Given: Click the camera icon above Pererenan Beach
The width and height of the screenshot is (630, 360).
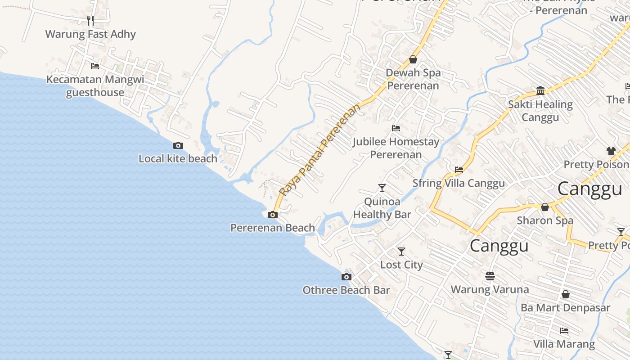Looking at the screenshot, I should (272, 215).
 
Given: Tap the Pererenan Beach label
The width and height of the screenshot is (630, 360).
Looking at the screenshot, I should (272, 228).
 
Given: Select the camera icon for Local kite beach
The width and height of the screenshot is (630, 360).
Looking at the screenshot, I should (178, 145).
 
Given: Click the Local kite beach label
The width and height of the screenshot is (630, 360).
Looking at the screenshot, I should (178, 158).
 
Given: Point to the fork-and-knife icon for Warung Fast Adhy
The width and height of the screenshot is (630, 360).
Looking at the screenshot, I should (90, 21).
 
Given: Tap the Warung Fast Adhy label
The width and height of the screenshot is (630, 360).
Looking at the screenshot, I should (90, 34).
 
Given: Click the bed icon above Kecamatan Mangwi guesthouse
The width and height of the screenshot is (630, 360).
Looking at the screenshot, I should (95, 66).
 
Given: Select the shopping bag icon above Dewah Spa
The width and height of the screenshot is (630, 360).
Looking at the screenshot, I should (413, 59).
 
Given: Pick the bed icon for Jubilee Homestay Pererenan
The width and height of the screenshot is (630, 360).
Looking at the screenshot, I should (396, 128).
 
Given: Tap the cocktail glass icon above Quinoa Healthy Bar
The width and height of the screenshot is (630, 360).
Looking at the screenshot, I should (382, 188).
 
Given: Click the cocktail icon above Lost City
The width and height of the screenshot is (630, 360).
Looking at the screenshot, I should (401, 251).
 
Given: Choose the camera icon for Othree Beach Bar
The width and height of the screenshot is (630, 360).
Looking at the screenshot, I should (346, 277).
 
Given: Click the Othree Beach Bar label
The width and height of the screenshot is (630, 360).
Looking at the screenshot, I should (346, 290).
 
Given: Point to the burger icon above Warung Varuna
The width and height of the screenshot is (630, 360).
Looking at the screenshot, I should (490, 276).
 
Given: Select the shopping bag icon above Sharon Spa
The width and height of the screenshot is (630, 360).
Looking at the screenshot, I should (545, 207).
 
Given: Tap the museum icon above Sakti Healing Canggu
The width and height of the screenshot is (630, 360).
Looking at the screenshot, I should (540, 91).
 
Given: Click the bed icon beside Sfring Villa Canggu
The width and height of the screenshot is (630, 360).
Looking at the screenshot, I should (459, 170).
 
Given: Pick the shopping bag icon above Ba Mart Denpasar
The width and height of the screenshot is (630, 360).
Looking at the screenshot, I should (566, 294).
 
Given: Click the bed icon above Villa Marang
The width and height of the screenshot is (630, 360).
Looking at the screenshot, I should (564, 331).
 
